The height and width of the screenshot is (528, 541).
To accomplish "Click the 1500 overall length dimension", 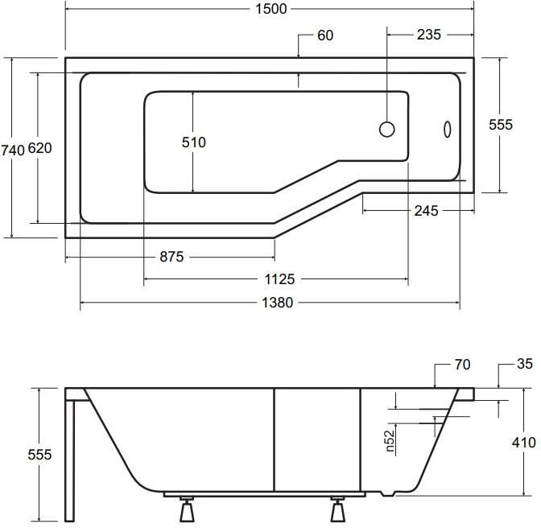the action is coord(270,9).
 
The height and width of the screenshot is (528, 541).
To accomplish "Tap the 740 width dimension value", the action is coord(13,151).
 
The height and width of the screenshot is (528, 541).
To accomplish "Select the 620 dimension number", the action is coord(39,148).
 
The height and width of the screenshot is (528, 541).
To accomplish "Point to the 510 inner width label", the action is coord(193,142).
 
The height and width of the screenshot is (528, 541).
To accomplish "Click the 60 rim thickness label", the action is coord(325,35).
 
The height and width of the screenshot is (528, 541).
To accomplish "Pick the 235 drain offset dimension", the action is coord(428,35).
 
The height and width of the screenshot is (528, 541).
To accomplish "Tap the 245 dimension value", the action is coord(426,211).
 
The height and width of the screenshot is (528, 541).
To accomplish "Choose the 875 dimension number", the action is coord(171,257).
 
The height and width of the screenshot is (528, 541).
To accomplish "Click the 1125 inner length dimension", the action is coord(279,279).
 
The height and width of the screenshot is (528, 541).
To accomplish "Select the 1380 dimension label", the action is coord(277,303).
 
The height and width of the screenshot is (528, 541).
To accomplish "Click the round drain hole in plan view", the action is coord(386,130).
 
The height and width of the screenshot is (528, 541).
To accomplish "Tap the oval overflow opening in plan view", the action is coord(447,130).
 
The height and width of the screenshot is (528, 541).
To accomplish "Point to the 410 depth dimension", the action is coord(524,443).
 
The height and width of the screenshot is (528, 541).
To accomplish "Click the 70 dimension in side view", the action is coord(462,365).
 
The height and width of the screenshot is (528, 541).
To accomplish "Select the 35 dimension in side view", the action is coord(525,364).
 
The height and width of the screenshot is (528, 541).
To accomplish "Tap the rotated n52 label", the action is coord(390,441).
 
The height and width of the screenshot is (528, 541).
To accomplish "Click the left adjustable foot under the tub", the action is coord(187,509).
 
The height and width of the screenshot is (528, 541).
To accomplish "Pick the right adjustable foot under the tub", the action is coord(337,509).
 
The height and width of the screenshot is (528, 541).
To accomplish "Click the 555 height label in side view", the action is coord(39,455).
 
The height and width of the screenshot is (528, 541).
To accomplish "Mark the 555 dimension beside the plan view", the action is coord(501,125).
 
